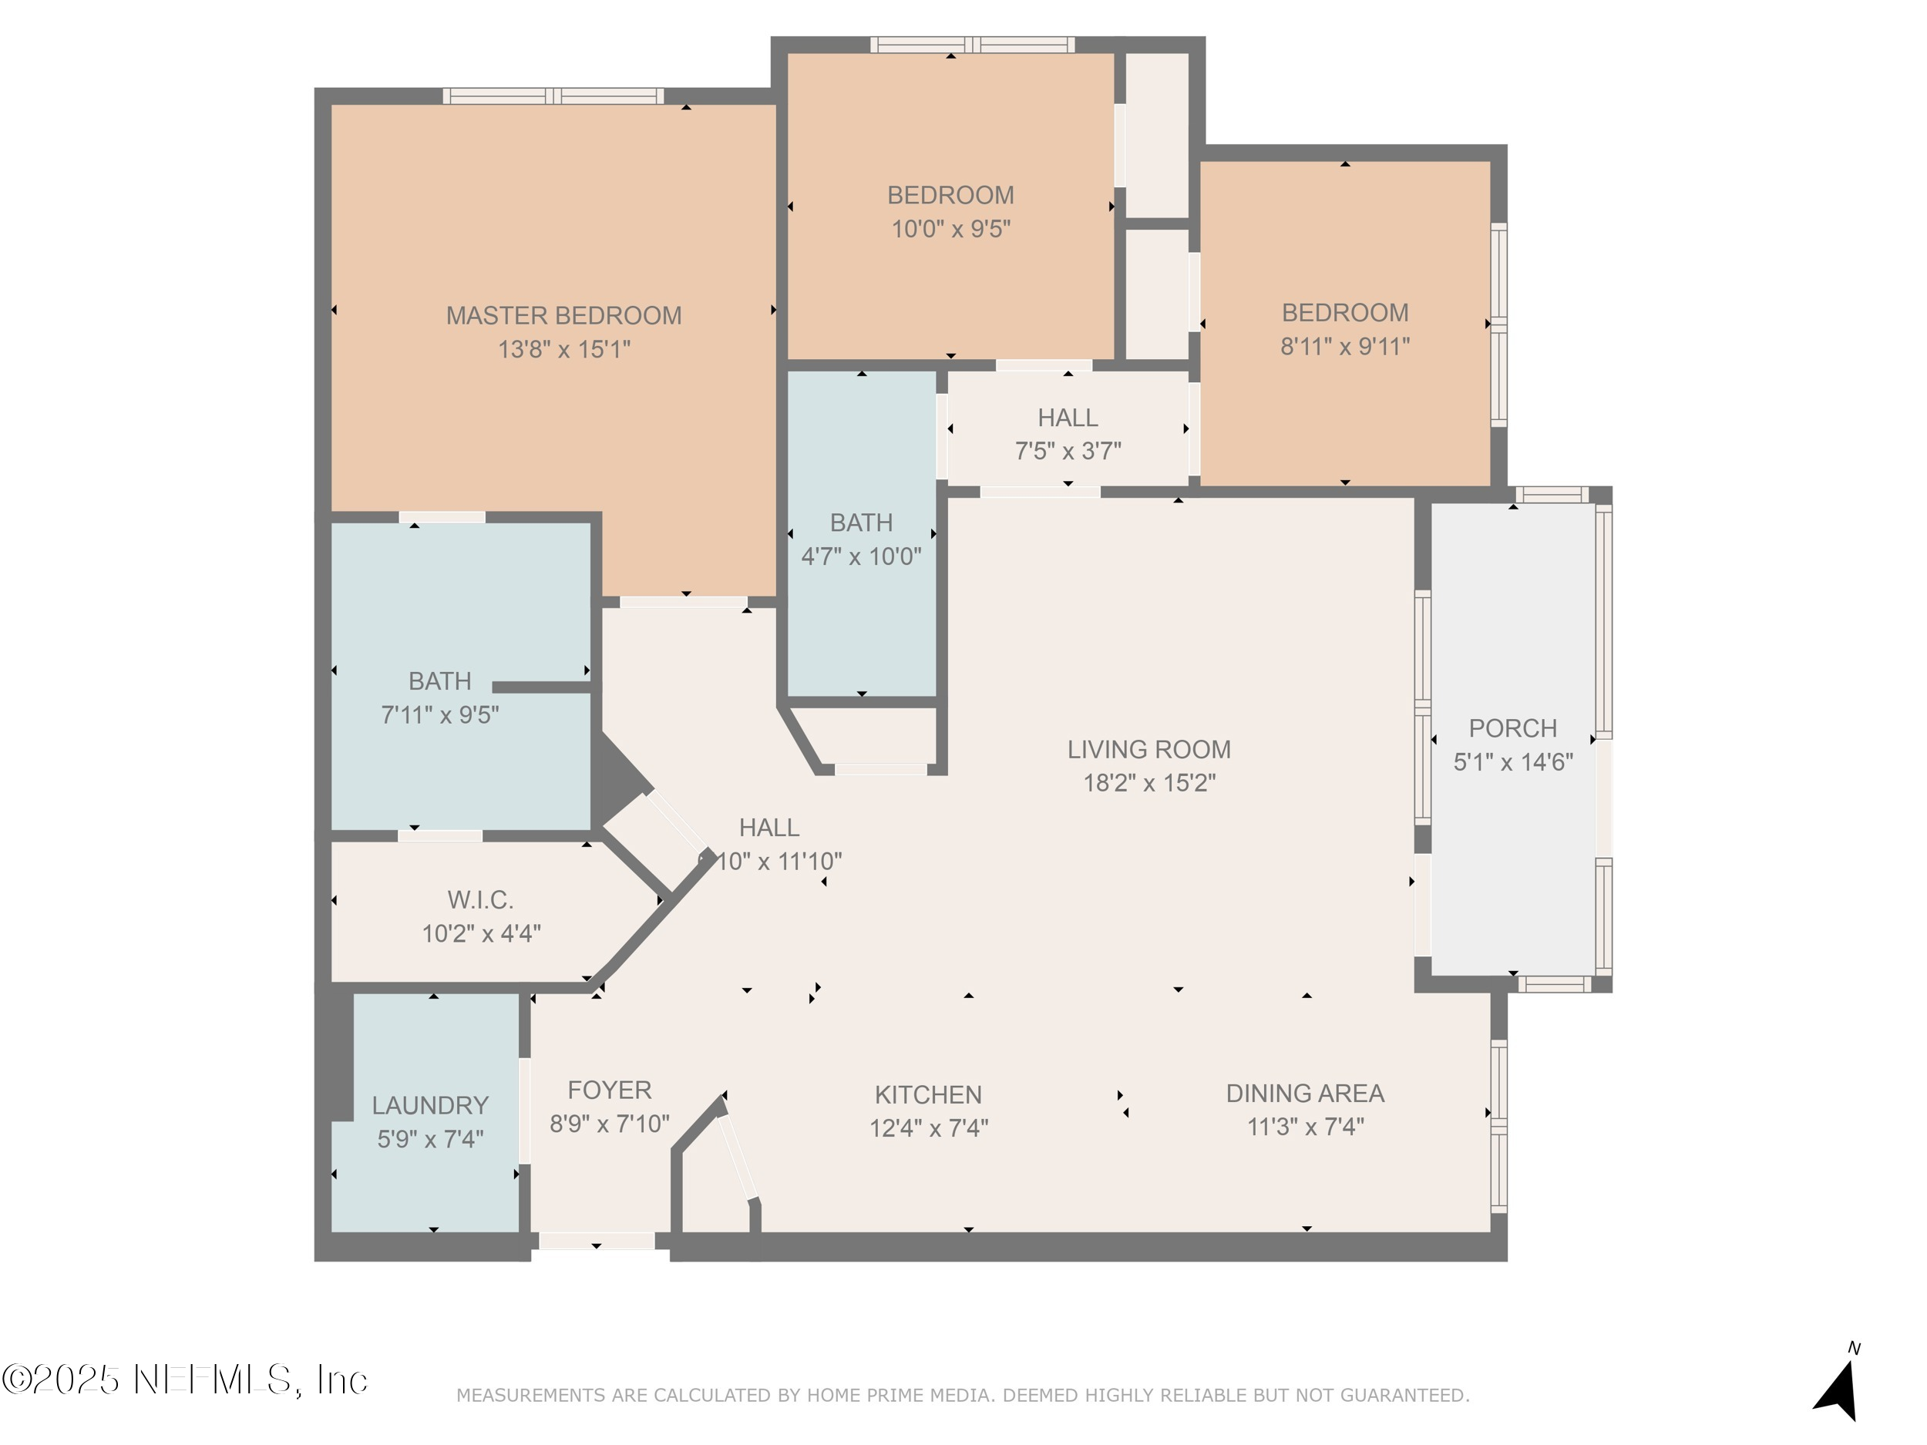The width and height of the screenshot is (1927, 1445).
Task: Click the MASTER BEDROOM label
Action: [563, 315]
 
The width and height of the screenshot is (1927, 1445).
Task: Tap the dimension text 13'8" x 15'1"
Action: [563, 349]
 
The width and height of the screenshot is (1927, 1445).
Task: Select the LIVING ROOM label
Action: [1148, 749]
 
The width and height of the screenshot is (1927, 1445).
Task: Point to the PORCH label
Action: [1512, 728]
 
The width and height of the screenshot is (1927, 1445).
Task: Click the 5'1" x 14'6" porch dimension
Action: [1512, 762]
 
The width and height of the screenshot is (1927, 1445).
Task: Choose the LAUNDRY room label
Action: [429, 1105]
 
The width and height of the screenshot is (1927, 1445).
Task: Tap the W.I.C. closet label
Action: [480, 899]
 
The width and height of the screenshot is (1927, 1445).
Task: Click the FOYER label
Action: [609, 1090]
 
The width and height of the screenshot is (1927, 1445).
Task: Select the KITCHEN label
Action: [928, 1095]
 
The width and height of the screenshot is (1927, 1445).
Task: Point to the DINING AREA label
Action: [1304, 1093]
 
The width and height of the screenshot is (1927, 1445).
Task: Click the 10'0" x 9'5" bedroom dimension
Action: [950, 229]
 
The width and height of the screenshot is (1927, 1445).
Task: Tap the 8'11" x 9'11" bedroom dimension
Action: [1344, 347]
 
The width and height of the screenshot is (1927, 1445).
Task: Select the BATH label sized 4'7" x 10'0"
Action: [861, 523]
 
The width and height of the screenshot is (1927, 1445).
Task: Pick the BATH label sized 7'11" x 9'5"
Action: [439, 681]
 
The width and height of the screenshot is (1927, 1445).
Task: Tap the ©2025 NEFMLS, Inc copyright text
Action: [185, 1379]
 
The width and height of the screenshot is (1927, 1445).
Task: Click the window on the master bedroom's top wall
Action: [553, 96]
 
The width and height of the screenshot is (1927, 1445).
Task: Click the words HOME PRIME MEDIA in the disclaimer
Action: [899, 1396]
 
